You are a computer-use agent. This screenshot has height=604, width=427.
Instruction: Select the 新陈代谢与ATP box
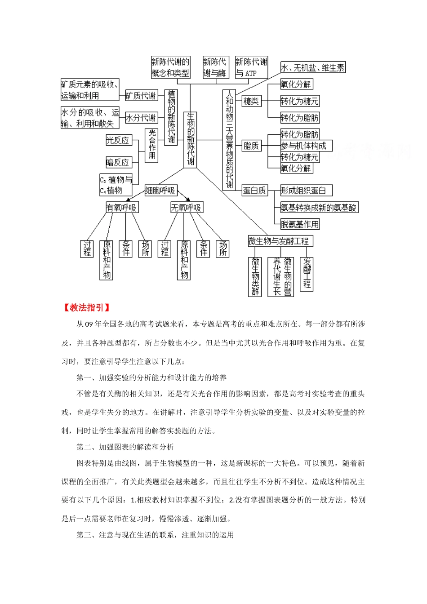(251, 67)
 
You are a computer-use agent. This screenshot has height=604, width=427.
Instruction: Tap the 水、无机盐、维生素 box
(313, 68)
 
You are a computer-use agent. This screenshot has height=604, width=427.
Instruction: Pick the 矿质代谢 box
(141, 95)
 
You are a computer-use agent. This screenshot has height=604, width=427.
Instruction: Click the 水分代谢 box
(141, 118)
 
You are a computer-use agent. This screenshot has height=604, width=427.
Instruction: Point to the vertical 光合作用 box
(152, 145)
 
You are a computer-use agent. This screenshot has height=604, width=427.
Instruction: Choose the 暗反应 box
(118, 162)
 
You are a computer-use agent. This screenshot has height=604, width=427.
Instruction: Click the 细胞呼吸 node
(160, 191)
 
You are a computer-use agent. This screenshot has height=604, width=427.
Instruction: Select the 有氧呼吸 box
(121, 208)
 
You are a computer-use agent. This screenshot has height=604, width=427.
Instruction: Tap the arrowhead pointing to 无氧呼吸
(187, 199)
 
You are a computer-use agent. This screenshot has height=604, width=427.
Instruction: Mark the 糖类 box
(251, 101)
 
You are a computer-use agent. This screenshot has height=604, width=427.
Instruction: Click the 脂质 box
(251, 146)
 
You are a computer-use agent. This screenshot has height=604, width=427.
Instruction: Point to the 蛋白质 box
(254, 191)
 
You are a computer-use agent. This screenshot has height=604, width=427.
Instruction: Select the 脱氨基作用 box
(300, 224)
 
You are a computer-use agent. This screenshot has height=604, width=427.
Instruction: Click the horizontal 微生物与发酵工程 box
(280, 241)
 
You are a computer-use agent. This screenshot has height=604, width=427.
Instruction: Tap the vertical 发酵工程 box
(307, 274)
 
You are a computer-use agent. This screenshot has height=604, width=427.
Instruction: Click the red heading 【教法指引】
(86, 308)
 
